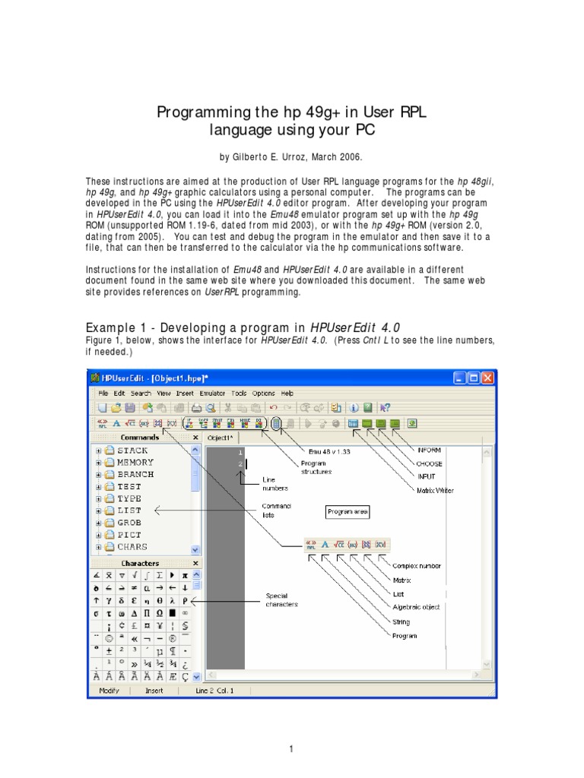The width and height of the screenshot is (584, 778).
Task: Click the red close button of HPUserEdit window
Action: tap(487, 378)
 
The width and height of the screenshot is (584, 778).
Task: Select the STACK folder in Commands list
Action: tap(132, 451)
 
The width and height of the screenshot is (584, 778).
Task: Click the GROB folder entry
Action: tap(129, 523)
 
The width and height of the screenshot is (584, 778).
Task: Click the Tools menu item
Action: tap(239, 394)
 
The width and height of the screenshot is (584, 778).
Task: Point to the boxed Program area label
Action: tap(348, 512)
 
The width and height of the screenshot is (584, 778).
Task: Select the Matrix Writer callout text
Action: tap(434, 491)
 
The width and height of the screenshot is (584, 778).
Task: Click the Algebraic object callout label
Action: tap(416, 607)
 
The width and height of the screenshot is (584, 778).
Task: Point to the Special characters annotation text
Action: tap(281, 599)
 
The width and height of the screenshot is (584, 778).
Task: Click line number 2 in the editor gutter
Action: tap(240, 463)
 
